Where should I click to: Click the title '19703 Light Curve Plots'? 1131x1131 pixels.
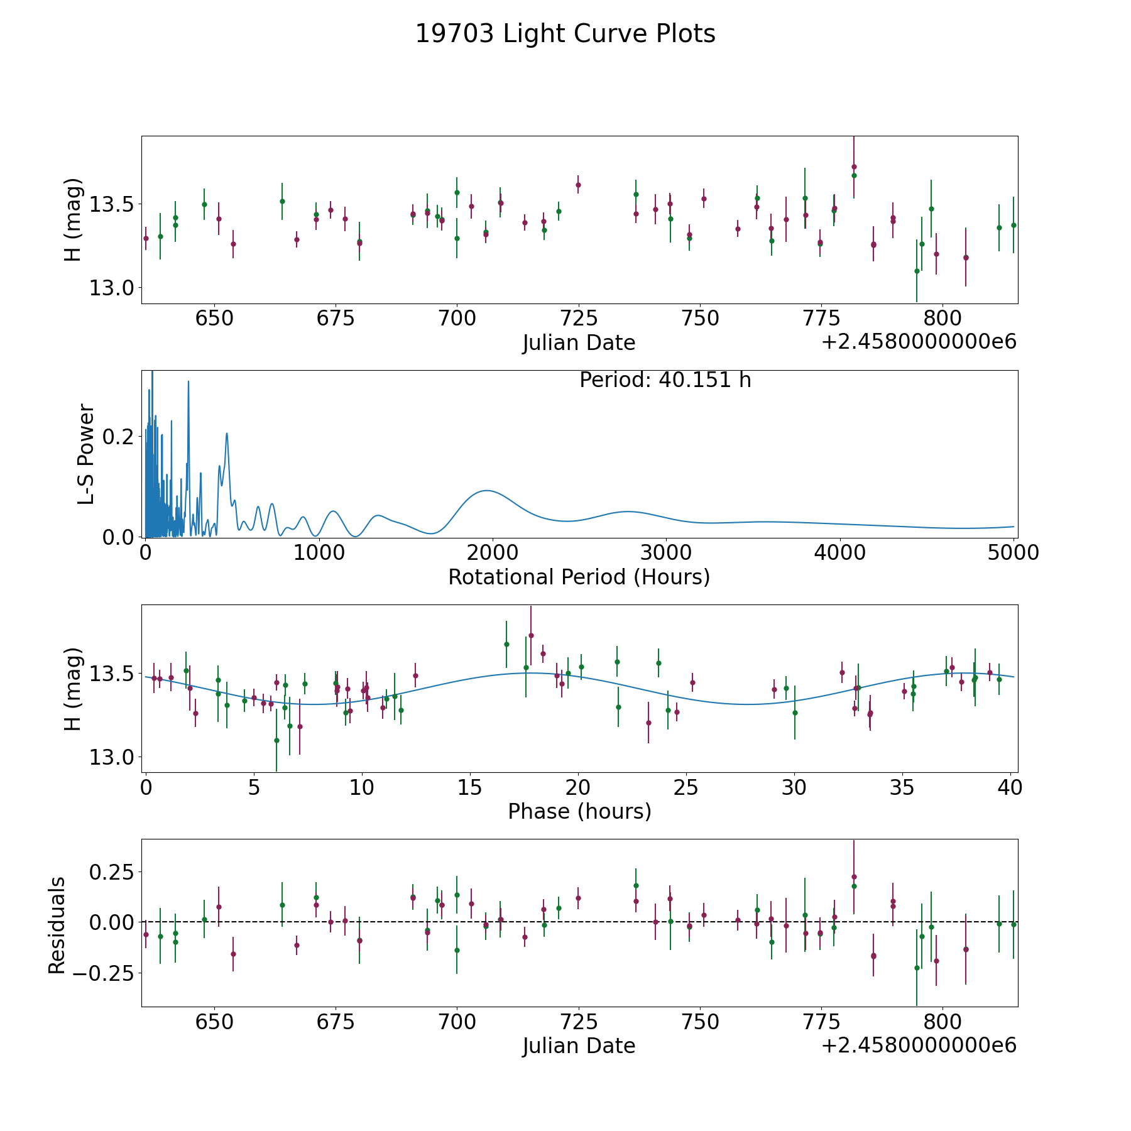(x=565, y=34)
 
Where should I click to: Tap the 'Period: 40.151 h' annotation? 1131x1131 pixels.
(x=665, y=380)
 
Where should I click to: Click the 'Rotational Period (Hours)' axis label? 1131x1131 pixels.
(x=579, y=577)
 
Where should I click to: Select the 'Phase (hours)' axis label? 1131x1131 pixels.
(x=579, y=811)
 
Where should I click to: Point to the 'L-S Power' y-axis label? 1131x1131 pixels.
(x=86, y=454)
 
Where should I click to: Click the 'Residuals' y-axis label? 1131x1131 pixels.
(x=57, y=925)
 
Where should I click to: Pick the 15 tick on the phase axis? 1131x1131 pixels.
(x=470, y=787)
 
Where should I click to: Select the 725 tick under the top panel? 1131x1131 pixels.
(x=578, y=318)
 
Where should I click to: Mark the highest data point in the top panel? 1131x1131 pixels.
(x=854, y=167)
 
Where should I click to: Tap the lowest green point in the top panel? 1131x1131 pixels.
(x=917, y=271)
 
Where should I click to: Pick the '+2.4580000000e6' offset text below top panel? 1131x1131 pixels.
(x=919, y=342)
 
